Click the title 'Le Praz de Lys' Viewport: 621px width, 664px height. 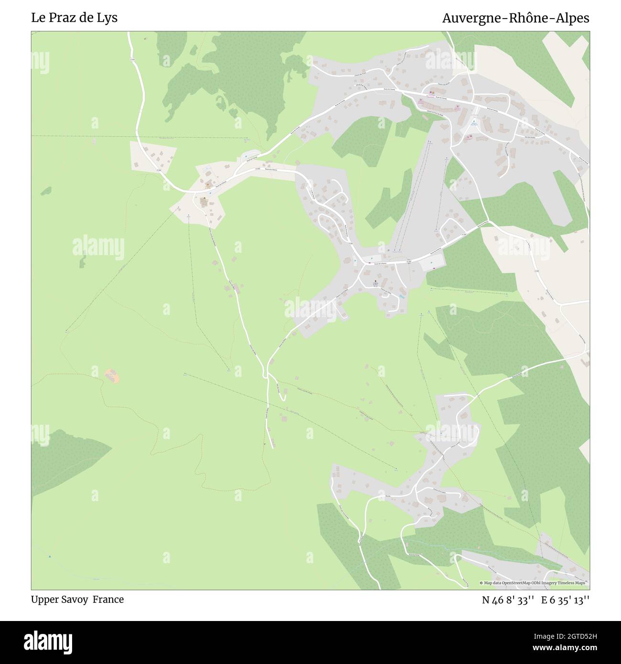coord(74,18)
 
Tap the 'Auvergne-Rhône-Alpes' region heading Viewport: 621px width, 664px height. coord(515,18)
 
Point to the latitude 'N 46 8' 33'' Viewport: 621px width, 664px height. coord(507,600)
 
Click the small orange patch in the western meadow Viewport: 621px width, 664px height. coord(112,375)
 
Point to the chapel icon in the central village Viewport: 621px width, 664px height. coord(375,281)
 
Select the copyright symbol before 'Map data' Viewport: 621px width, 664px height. coord(482,583)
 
